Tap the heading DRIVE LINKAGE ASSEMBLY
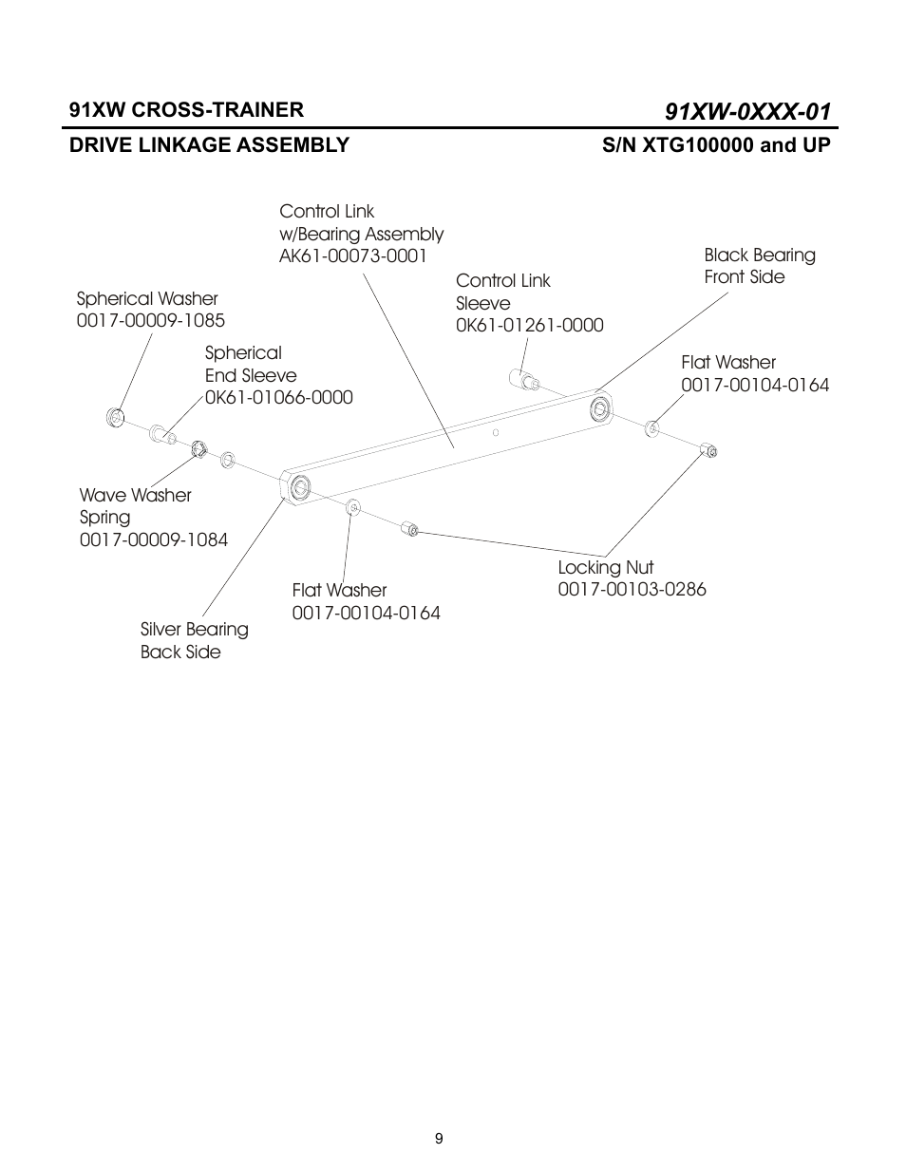pyautogui.click(x=209, y=145)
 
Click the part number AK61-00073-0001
pyautogui.click(x=352, y=256)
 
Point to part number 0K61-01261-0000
pyautogui.click(x=529, y=326)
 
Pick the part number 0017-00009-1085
pyautogui.click(x=150, y=321)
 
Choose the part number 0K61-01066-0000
pyautogui.click(x=278, y=398)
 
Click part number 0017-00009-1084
pyautogui.click(x=154, y=540)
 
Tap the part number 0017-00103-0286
pyautogui.click(x=632, y=590)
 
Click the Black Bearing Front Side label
pyautogui.click(x=759, y=266)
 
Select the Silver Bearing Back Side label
pyautogui.click(x=194, y=641)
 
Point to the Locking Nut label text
pyautogui.click(x=605, y=568)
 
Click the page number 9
pyautogui.click(x=439, y=1139)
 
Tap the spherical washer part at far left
pyautogui.click(x=116, y=417)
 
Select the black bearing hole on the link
pyautogui.click(x=600, y=410)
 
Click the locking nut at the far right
pyautogui.click(x=708, y=449)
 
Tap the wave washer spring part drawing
pyautogui.click(x=198, y=448)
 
